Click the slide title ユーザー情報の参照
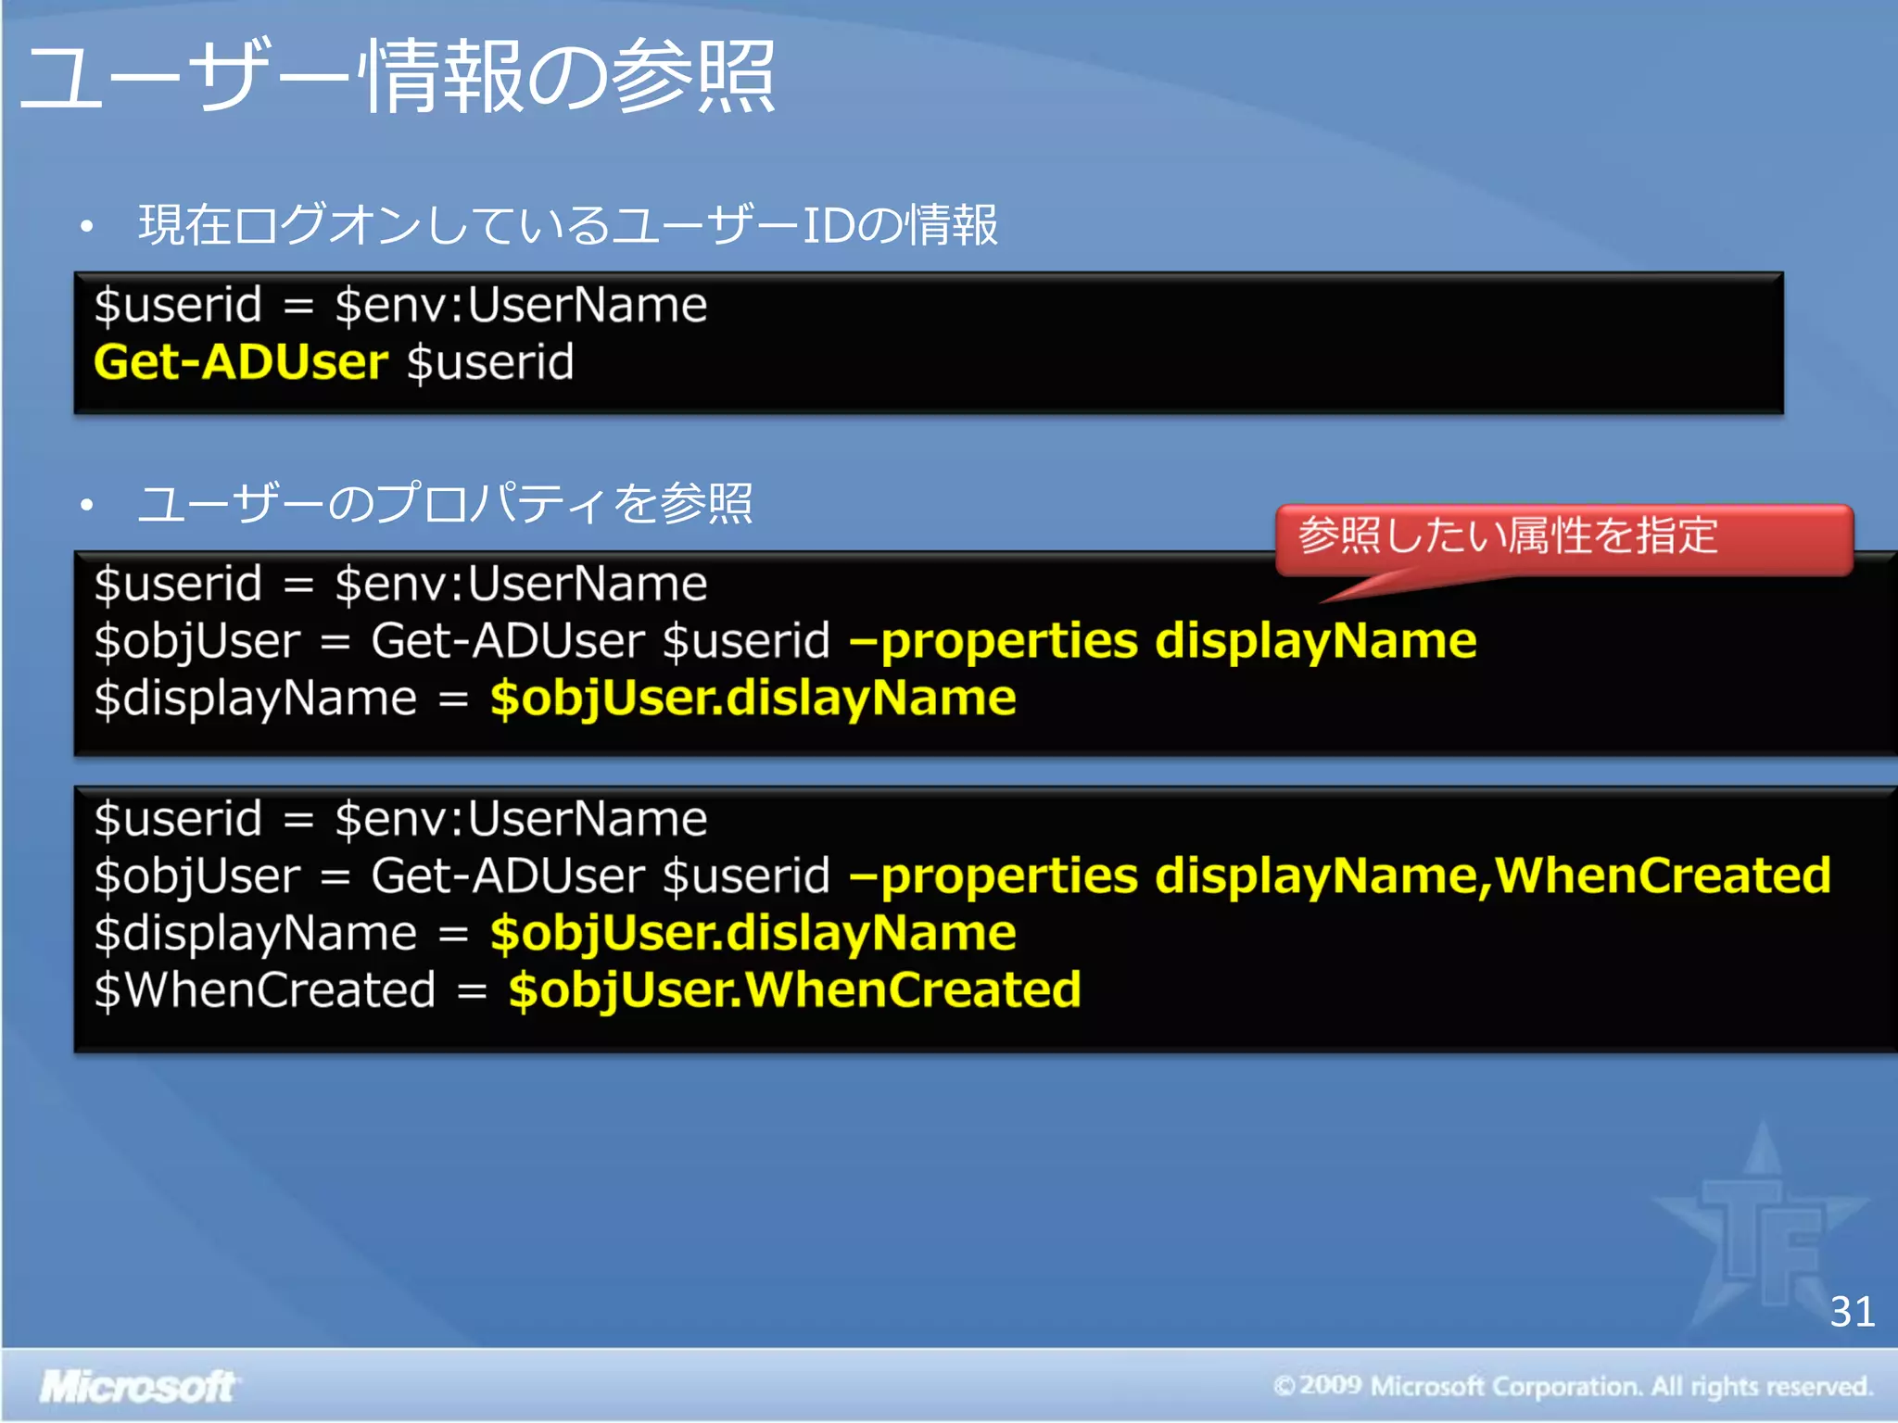point(399,76)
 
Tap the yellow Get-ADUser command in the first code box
point(241,361)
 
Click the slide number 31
point(1852,1312)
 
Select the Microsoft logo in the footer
point(137,1387)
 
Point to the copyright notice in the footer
point(1572,1386)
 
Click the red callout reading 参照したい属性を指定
point(1563,537)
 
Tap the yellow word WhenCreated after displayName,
point(1663,875)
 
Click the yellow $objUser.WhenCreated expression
point(794,989)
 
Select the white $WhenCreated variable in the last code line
point(265,989)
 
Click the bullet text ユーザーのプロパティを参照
point(445,504)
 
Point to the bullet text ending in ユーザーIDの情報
point(567,225)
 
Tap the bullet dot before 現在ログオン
point(87,226)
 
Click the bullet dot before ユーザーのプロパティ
point(87,505)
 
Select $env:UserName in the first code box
point(521,305)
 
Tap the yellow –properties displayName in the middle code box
point(1163,641)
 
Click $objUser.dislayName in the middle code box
point(753,698)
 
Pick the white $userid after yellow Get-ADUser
point(490,361)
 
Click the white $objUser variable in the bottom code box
point(197,876)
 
